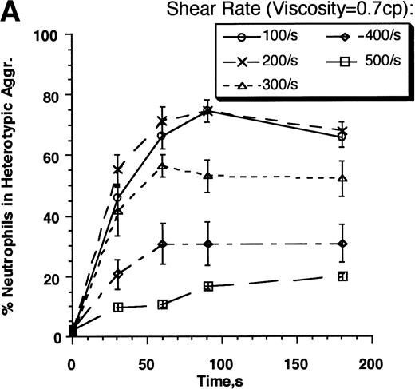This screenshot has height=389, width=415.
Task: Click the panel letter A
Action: click(x=14, y=14)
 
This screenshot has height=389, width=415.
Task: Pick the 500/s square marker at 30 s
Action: click(x=118, y=307)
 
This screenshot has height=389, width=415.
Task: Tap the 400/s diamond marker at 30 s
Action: click(x=118, y=274)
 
